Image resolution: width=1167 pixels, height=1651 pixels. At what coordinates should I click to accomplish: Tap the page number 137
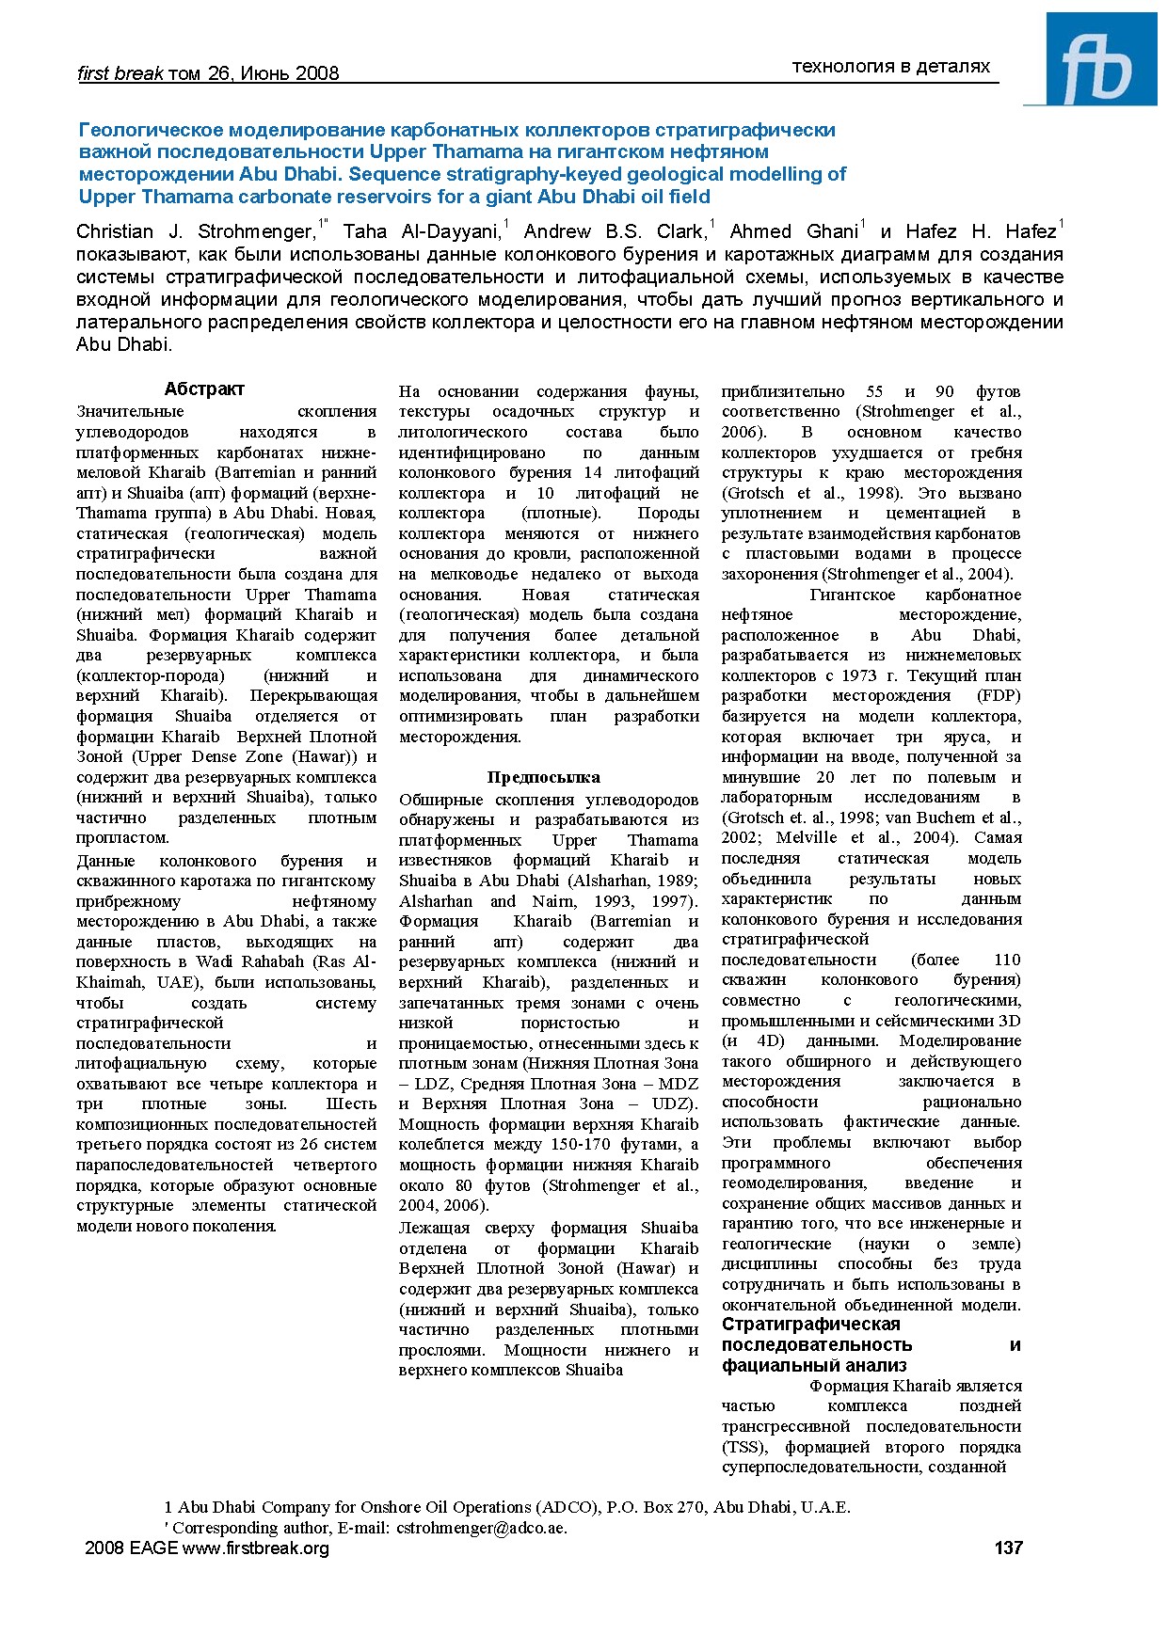1008,1548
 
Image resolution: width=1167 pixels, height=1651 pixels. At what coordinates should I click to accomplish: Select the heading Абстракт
204,389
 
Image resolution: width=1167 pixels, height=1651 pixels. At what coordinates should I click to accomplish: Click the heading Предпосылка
543,777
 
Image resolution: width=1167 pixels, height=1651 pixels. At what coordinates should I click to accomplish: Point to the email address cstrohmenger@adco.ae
482,1527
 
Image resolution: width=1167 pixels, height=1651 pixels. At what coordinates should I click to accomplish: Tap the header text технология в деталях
890,66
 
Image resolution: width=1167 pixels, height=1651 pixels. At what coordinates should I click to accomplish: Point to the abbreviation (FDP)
999,695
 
